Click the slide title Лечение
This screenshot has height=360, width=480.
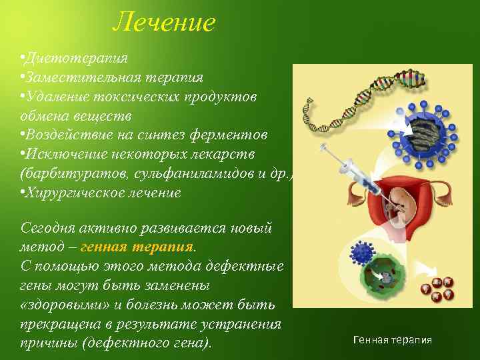point(164,22)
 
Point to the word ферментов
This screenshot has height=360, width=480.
point(231,135)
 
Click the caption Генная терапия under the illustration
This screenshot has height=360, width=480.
point(392,340)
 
